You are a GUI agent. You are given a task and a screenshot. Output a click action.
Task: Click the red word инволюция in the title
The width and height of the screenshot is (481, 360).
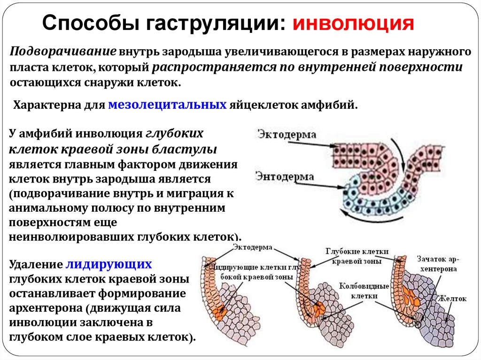pyautogui.click(x=353, y=23)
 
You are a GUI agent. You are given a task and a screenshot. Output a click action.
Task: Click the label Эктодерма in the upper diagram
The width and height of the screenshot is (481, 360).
pyautogui.click(x=286, y=134)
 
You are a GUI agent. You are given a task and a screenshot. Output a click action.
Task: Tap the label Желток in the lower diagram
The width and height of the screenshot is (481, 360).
pyautogui.click(x=451, y=298)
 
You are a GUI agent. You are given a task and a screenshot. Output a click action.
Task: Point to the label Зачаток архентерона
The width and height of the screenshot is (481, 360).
pyautogui.click(x=437, y=264)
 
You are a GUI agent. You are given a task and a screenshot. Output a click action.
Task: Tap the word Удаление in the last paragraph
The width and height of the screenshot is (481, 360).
pyautogui.click(x=36, y=263)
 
